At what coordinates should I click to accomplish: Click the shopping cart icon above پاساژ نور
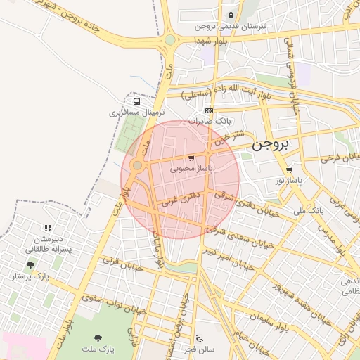click(x=289, y=169)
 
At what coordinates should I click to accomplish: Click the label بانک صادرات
click(x=208, y=122)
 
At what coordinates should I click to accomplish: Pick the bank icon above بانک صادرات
click(x=209, y=110)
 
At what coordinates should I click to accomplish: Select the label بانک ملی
click(x=308, y=210)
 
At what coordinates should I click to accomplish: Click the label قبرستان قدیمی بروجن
click(x=231, y=26)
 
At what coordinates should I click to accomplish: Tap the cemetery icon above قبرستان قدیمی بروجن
click(x=231, y=15)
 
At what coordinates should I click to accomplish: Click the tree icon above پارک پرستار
click(x=30, y=265)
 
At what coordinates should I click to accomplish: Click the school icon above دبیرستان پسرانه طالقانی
click(x=48, y=228)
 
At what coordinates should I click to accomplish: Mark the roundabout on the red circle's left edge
click(x=136, y=165)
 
